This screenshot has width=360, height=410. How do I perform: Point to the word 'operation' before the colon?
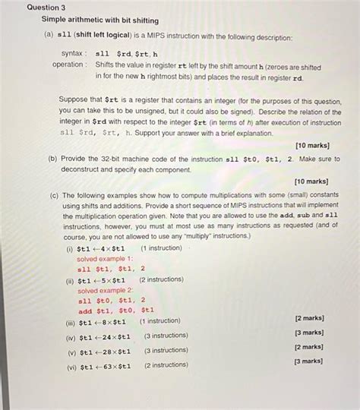click(x=68, y=65)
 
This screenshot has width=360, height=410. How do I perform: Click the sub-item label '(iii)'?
click(x=71, y=322)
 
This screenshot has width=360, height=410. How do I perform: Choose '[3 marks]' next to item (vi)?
click(x=310, y=362)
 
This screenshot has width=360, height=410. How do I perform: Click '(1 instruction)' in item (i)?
click(x=162, y=248)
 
